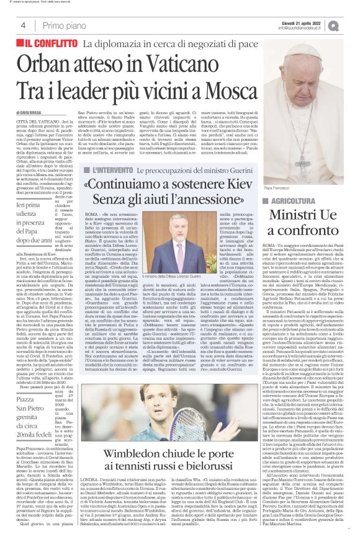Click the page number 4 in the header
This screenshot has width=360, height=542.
pyautogui.click(x=23, y=25)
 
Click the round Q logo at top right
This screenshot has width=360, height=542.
pyautogui.click(x=351, y=24)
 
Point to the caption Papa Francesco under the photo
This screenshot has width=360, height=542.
pyautogui.click(x=277, y=205)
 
